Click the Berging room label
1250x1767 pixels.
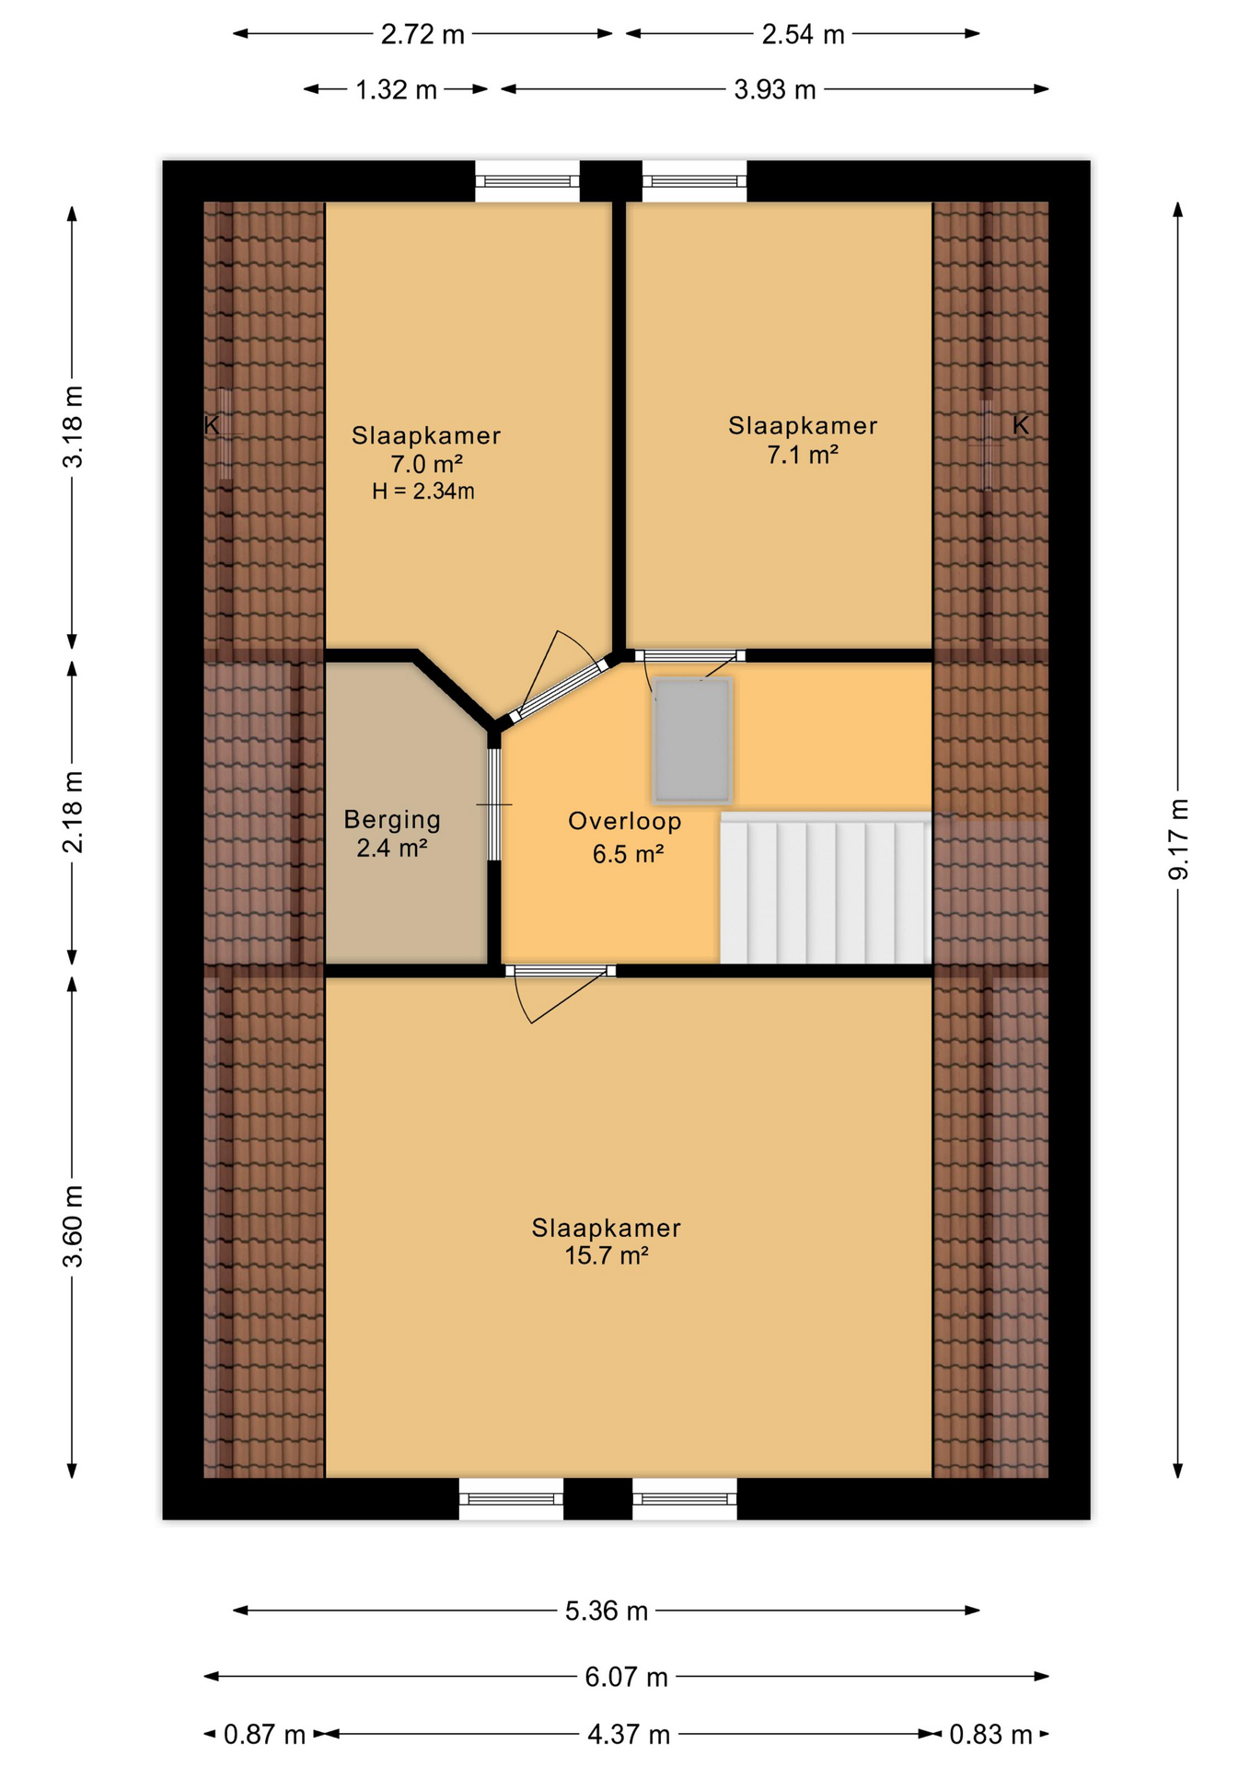[x=392, y=819]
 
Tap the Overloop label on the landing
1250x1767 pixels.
[x=625, y=821]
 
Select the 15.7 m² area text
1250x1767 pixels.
[x=607, y=1255]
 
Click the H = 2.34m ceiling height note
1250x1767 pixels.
[x=423, y=491]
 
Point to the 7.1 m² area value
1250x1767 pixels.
[x=803, y=455]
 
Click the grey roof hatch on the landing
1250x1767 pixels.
[x=692, y=740]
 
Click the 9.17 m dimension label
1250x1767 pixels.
[x=1179, y=839]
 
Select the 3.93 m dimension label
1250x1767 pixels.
[x=775, y=89]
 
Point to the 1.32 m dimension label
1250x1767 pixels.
[x=396, y=89]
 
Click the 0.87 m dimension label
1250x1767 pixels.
[x=264, y=1735]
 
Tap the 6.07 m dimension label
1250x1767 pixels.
[x=626, y=1677]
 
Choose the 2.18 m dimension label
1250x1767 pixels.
[x=73, y=813]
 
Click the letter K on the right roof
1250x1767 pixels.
[x=1021, y=425]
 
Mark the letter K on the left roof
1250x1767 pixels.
[x=212, y=425]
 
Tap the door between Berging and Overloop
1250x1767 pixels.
[x=494, y=804]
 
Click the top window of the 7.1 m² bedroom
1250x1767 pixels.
[x=694, y=181]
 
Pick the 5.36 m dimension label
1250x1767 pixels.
[x=607, y=1611]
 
